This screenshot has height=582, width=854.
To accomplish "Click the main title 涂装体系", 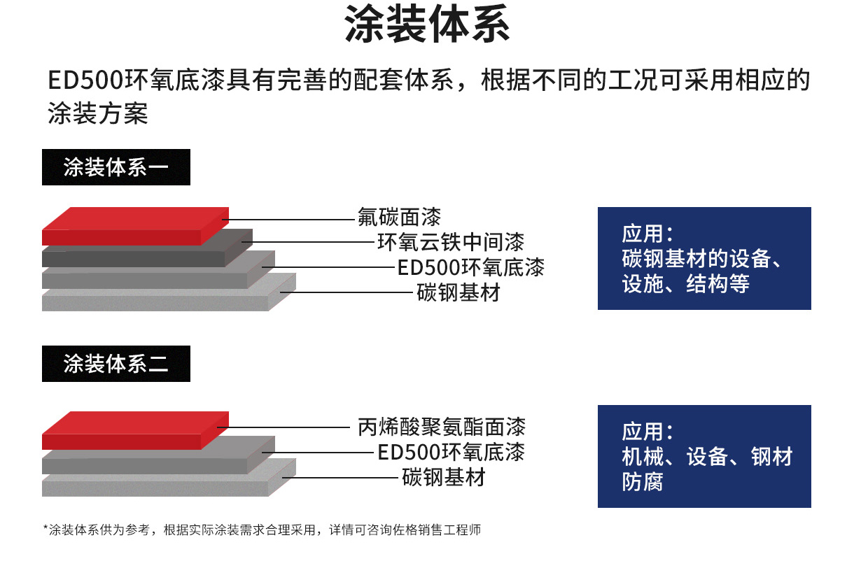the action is click(x=427, y=24).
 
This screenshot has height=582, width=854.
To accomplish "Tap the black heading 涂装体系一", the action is click(x=116, y=167).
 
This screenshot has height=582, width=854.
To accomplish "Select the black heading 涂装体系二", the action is click(x=116, y=364).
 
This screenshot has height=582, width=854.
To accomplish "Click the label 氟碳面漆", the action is click(x=399, y=217).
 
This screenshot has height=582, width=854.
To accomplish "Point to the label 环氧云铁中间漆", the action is click(x=451, y=242).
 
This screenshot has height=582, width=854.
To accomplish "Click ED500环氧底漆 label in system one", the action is click(x=471, y=267).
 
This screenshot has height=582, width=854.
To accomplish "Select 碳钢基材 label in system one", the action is click(x=458, y=292).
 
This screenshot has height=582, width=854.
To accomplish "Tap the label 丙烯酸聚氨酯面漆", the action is click(x=442, y=427).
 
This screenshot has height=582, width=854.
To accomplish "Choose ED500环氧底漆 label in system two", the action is click(x=451, y=452).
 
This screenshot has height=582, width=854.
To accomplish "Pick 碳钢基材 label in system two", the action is click(x=444, y=477).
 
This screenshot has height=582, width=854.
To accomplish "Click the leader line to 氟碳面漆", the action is click(x=288, y=220).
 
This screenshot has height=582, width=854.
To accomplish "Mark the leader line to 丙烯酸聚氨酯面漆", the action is click(x=283, y=427).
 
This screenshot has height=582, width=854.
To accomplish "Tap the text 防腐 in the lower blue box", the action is click(x=643, y=482).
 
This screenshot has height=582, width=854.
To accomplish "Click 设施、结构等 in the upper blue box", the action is click(x=685, y=284).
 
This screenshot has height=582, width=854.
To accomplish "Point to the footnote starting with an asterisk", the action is click(x=262, y=530).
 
